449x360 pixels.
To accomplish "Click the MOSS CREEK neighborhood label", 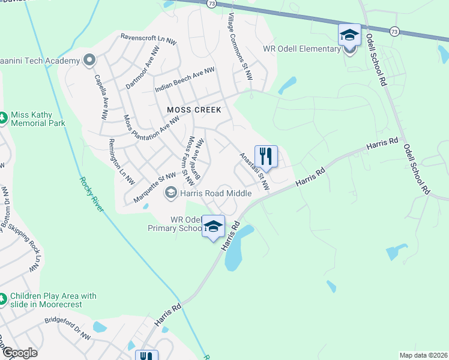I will click(194, 110).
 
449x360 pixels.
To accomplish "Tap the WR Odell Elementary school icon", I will click(349, 35).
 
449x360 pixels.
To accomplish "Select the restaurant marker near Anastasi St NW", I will click(266, 157).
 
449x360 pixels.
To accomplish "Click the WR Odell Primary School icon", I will click(212, 226).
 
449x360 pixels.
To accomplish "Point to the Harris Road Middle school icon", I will click(170, 192).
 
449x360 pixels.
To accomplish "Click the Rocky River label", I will click(91, 194).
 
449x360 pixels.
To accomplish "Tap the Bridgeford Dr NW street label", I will click(67, 329).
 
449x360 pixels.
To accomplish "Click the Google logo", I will click(19, 353).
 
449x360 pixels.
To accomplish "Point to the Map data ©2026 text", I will click(423, 355).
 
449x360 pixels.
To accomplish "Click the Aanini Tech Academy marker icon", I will click(89, 60).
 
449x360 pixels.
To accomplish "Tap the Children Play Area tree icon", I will click(4, 298).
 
